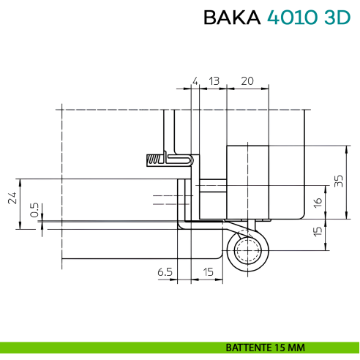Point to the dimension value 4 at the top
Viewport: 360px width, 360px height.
pyautogui.click(x=195, y=80)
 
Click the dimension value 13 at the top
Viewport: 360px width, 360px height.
pyautogui.click(x=214, y=80)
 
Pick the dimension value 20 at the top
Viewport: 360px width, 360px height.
pyautogui.click(x=247, y=80)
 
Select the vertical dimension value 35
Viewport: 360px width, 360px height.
pyautogui.click(x=338, y=181)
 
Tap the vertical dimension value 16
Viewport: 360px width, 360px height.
pyautogui.click(x=318, y=202)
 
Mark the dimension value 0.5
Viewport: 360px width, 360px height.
pyautogui.click(x=34, y=211)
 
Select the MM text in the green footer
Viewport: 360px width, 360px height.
pyautogui.click(x=296, y=347)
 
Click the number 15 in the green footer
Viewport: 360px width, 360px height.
pyautogui.click(x=280, y=347)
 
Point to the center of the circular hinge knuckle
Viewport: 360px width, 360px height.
pyautogui.click(x=247, y=251)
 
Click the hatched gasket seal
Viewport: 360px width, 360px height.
pyautogui.click(x=156, y=159)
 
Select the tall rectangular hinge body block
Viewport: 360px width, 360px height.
pyautogui.click(x=247, y=183)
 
